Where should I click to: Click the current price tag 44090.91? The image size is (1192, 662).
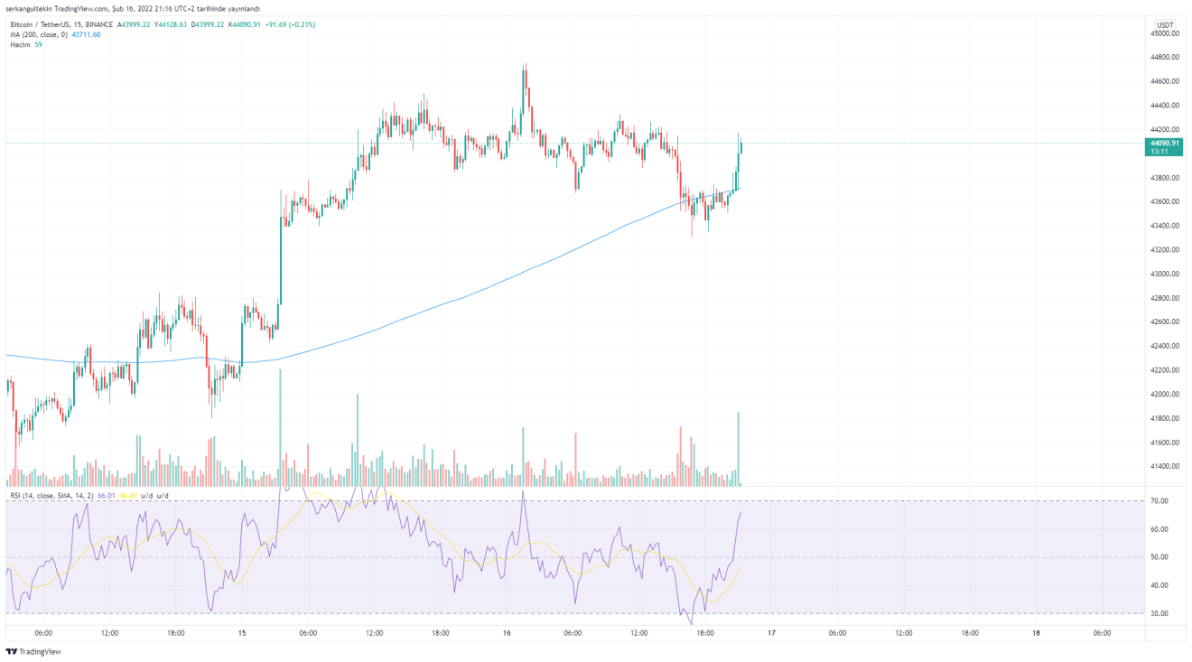point(1163,143)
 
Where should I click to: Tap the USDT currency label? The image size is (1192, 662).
point(1165,24)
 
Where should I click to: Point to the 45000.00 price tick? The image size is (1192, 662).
point(1165,33)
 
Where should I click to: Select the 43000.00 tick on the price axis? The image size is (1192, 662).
point(1165,274)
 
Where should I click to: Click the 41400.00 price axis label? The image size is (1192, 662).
point(1165,467)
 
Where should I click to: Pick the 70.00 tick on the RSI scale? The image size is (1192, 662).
point(1159,500)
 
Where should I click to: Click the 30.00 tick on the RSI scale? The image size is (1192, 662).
point(1159,613)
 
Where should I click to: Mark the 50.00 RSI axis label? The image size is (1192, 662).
point(1159,557)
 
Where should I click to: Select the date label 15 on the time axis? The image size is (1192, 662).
point(242,633)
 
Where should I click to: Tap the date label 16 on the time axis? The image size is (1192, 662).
point(507,633)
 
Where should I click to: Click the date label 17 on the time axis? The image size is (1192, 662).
point(771,633)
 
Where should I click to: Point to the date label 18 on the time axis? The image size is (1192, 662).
point(1036,633)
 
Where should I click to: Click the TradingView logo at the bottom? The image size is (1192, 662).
point(26,651)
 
